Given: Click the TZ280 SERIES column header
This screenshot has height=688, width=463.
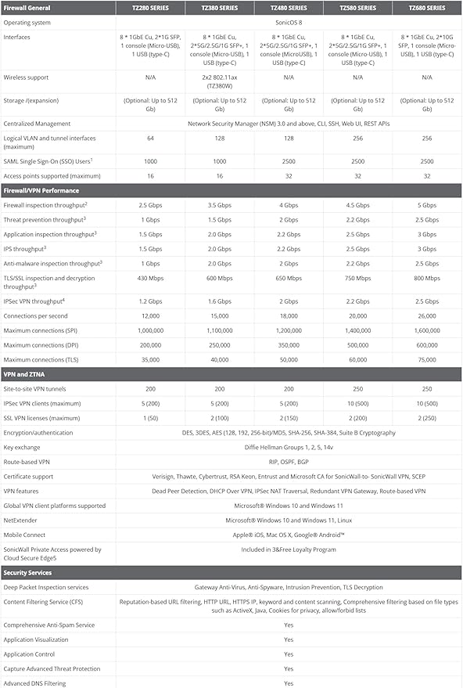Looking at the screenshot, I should pos(145,7).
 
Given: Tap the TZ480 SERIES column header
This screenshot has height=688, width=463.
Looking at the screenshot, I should pos(288,7).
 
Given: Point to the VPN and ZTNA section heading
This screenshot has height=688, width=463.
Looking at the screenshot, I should pos(27,373).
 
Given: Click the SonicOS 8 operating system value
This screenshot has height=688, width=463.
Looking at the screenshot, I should pos(288,22).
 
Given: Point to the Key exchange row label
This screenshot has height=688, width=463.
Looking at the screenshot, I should pos(23,447).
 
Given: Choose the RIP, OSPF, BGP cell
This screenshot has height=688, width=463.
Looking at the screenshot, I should pos(288,462).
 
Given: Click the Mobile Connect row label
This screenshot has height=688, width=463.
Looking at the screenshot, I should pos(26,535).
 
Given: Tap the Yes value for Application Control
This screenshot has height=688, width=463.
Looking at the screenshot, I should pos(288,654).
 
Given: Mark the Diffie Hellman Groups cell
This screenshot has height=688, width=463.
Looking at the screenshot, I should pos(288,447).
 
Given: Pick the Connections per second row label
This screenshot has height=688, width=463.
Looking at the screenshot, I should pos(37,315).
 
